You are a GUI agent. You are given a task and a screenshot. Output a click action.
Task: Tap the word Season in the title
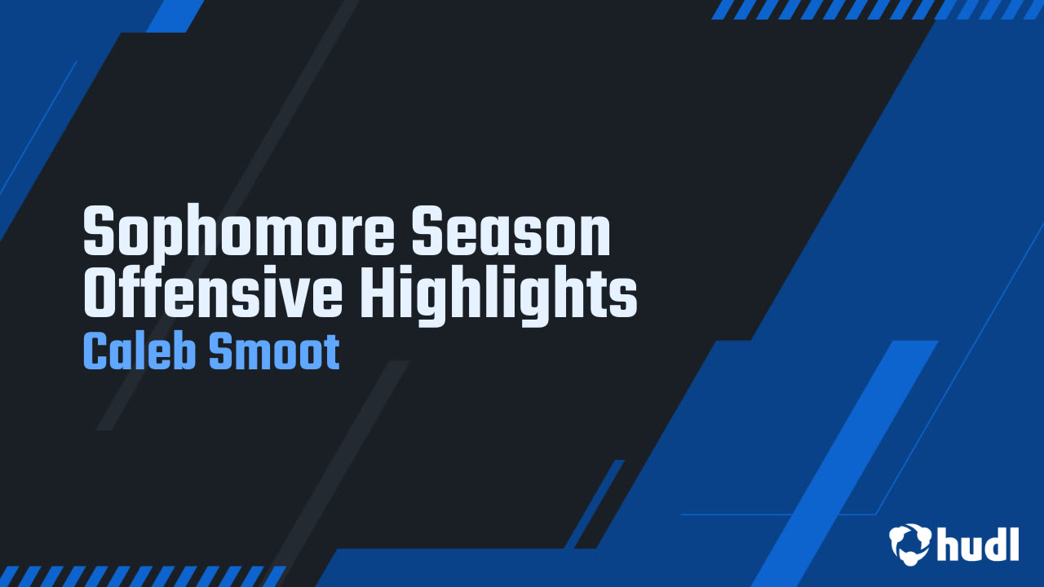pyautogui.click(x=511, y=231)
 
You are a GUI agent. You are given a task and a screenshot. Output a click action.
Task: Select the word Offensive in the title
pyautogui.click(x=213, y=291)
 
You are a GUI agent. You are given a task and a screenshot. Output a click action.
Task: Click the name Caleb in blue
pyautogui.click(x=139, y=351)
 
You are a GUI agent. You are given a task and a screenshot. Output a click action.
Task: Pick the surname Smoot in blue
pyautogui.click(x=274, y=351)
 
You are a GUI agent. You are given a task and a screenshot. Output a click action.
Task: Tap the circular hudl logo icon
pyautogui.click(x=909, y=544)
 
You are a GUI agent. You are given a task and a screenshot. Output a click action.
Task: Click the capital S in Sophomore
pyautogui.click(x=100, y=231)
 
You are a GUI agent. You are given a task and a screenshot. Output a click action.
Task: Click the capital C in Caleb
pyautogui.click(x=94, y=351)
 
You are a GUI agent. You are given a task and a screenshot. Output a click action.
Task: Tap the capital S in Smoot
pyautogui.click(x=220, y=351)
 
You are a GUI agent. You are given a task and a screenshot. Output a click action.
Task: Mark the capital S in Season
pyautogui.click(x=428, y=231)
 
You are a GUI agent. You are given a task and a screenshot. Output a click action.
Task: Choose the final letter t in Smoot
pyautogui.click(x=331, y=353)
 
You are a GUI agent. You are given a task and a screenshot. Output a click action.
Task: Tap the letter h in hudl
pyautogui.click(x=947, y=544)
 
